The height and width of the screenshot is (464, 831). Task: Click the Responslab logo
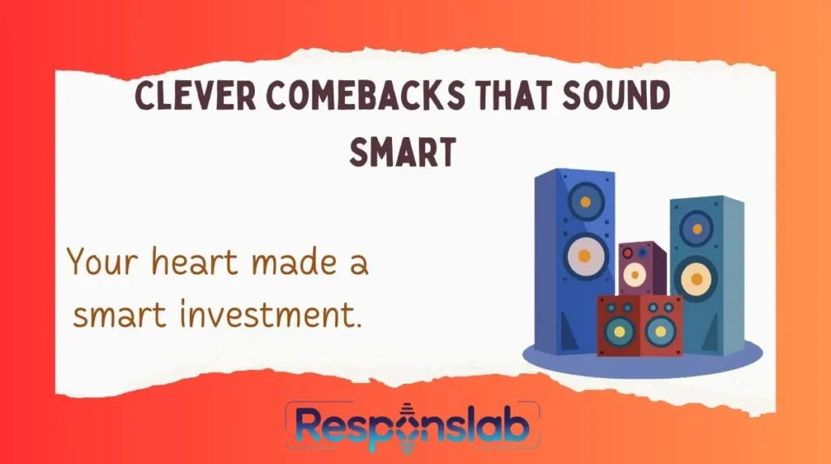point(411,425)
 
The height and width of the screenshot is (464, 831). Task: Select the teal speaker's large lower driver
point(695,279)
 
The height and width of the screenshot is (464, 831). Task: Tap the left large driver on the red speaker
point(620,330)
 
